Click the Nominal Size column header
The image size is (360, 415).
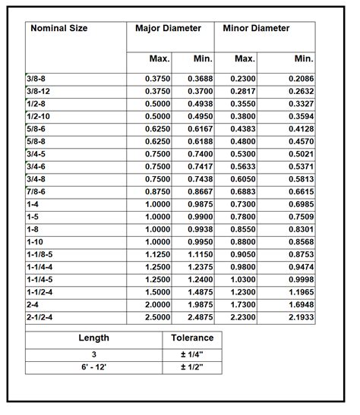[58, 29]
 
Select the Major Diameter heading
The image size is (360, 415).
[168, 29]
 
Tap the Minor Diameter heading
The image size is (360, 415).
[256, 29]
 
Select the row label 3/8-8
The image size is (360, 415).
[39, 79]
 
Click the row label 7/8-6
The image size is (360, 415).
[39, 193]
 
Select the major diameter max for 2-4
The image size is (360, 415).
[153, 304]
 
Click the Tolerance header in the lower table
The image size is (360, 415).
[192, 338]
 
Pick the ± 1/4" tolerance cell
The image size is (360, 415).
[192, 354]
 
